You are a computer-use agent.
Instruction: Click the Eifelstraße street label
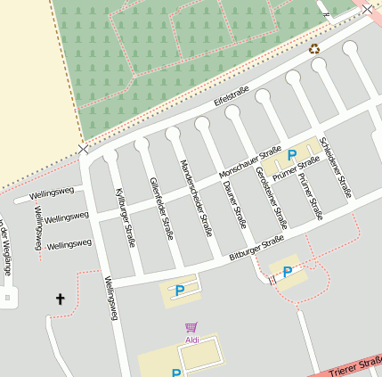pos(231,97)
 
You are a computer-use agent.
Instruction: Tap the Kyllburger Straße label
pos(126,206)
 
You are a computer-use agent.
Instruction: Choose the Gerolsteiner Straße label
pos(271,197)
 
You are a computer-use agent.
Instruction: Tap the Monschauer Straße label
pos(250,161)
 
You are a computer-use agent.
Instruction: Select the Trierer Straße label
pos(356,365)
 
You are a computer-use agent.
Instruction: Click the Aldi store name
pos(192,340)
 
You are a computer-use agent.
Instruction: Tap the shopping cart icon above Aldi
pos(191,328)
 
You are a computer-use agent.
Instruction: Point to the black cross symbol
pos(61,299)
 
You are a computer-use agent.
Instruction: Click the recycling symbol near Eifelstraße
pos(313,48)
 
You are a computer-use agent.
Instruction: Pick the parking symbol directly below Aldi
pos(176,373)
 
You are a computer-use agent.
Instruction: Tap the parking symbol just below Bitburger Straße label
pos(287,272)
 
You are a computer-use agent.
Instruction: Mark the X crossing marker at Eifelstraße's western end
pos(84,148)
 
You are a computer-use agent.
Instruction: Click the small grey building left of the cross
pos(9,299)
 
